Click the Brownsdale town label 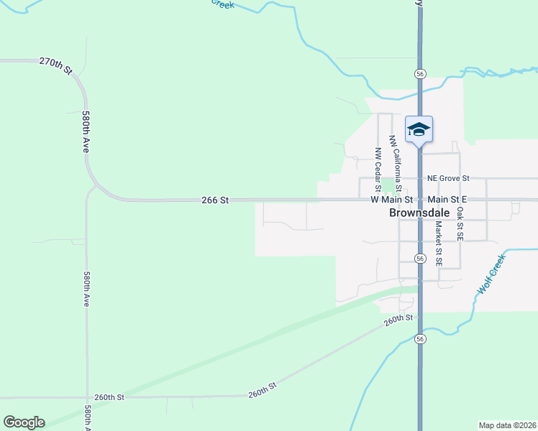point(419,213)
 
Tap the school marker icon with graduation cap point(419,130)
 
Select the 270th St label point(57,66)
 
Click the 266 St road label point(214,201)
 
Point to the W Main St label point(392,200)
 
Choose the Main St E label point(447,199)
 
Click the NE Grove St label point(448,177)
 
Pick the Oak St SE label point(460,221)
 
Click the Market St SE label point(438,243)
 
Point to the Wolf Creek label point(492,277)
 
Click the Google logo point(24,422)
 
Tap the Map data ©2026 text point(507,425)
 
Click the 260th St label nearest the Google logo point(109,397)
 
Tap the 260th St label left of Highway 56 point(400,320)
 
